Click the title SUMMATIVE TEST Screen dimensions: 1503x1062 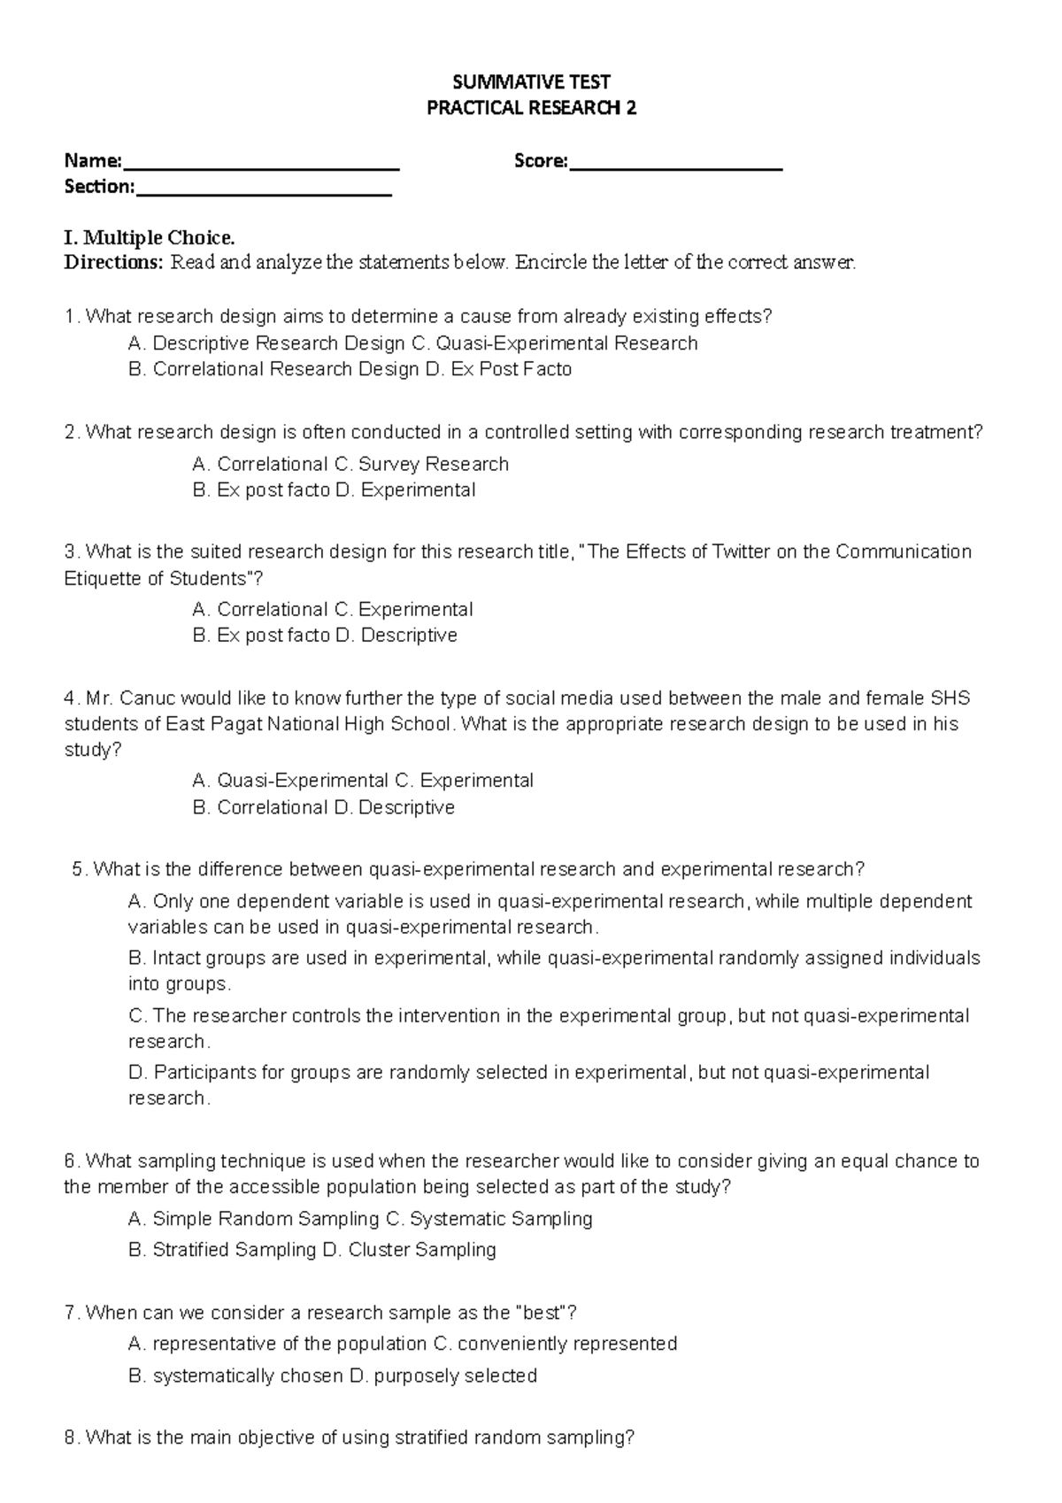pyautogui.click(x=531, y=82)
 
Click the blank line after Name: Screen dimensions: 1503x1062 pyautogui.click(x=261, y=165)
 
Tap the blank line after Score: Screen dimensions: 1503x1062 pyautogui.click(x=676, y=165)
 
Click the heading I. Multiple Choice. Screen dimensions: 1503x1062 pyautogui.click(x=150, y=237)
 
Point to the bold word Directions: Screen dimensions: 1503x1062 pyautogui.click(x=114, y=263)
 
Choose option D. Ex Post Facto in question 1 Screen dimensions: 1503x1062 pyautogui.click(x=498, y=369)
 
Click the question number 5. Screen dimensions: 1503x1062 pyautogui.click(x=79, y=869)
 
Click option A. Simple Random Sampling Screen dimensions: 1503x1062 pyautogui.click(x=253, y=1219)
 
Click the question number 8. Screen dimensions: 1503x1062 pyautogui.click(x=72, y=1438)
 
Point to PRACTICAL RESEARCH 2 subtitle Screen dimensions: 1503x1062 pyautogui.click(x=531, y=109)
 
